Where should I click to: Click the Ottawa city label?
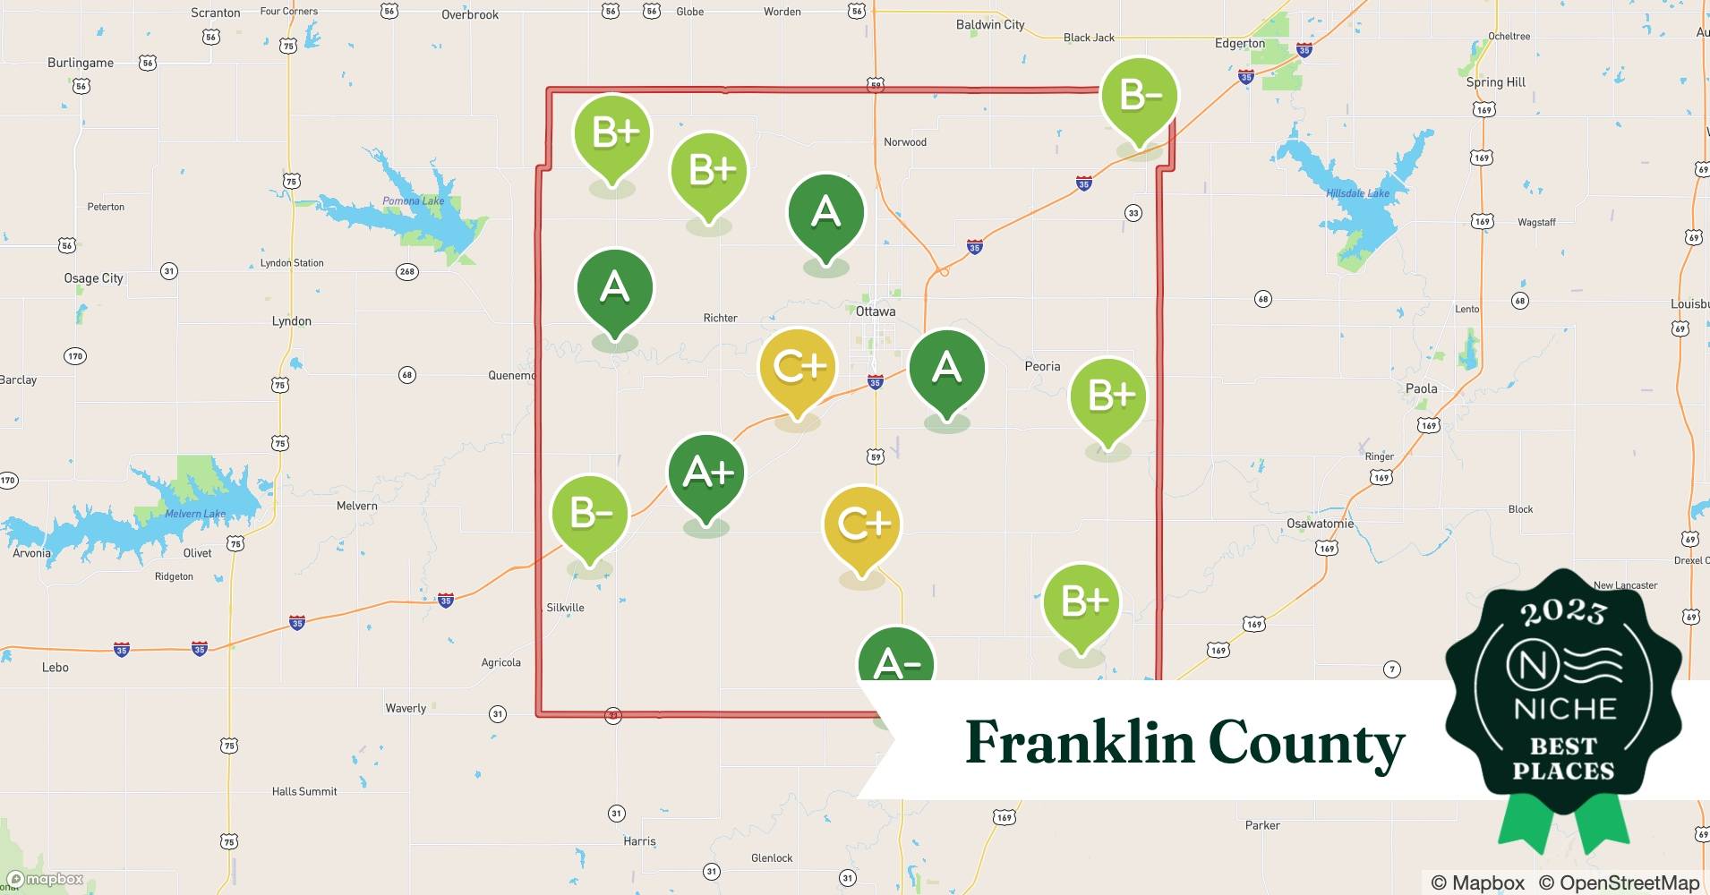875,311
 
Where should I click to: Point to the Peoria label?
1042,366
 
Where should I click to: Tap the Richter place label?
720,318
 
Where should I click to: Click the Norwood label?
904,142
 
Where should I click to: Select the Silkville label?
565,608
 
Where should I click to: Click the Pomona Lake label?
413,200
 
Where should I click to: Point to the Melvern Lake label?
195,514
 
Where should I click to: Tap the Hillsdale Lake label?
1357,193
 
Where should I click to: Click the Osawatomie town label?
1320,524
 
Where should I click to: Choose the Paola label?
1421,388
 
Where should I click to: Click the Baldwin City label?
989,25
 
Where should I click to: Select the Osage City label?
93,278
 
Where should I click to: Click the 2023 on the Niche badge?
1562,612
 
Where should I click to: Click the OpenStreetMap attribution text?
1618,882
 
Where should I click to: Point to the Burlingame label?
80,63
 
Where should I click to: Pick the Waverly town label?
406,708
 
